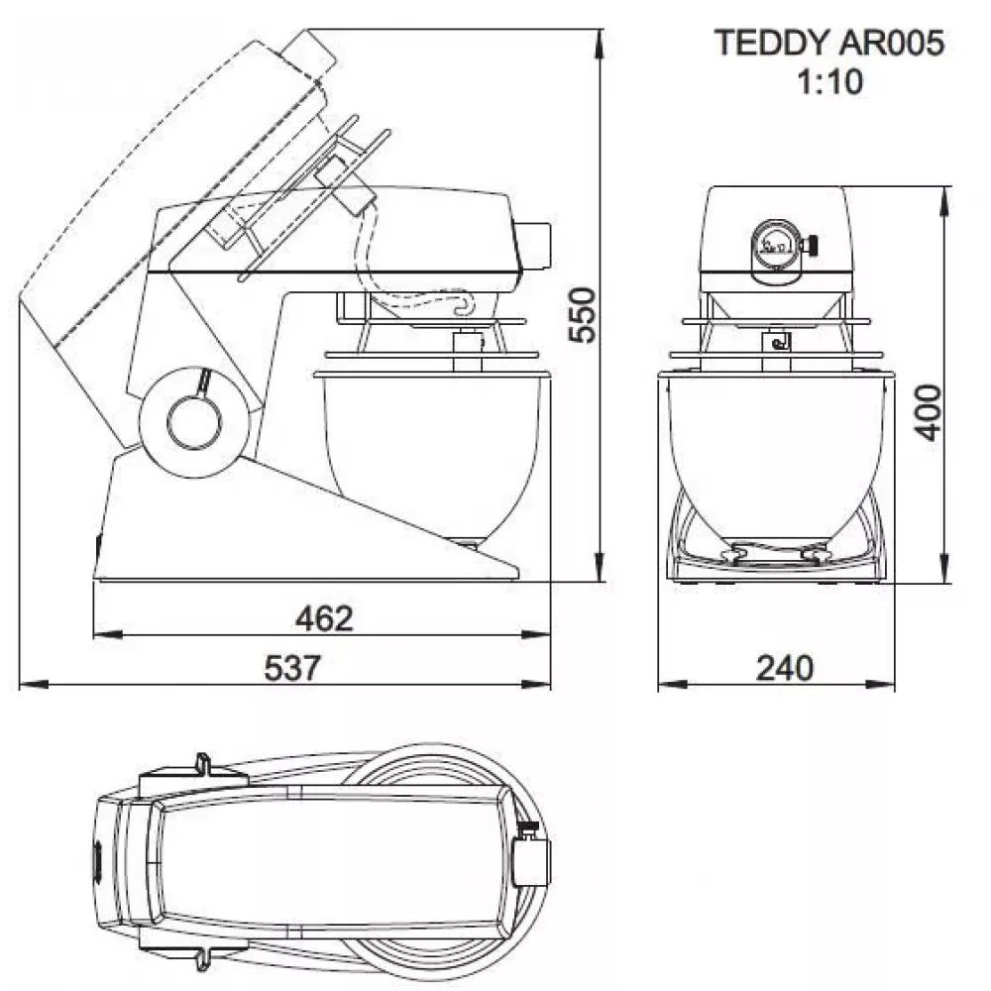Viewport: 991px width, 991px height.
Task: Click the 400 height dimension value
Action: click(928, 411)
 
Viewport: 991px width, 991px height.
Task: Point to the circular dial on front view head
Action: click(774, 242)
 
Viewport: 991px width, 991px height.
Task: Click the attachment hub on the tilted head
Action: click(311, 50)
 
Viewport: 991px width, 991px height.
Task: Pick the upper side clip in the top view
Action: click(201, 766)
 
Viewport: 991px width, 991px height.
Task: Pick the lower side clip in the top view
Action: click(202, 953)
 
